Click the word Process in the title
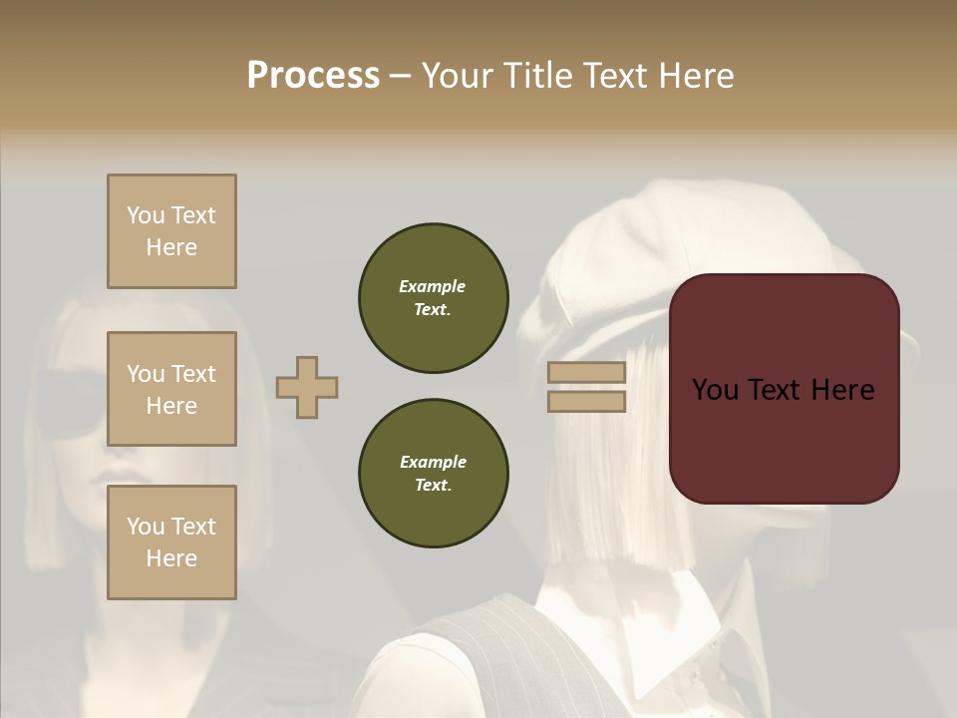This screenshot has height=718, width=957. [313, 76]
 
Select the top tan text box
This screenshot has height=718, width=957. [171, 231]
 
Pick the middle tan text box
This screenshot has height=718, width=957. [171, 389]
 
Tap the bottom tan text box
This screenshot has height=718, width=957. [171, 542]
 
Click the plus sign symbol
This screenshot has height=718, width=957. [307, 387]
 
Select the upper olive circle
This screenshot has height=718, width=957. [433, 298]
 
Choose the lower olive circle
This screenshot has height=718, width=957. [433, 474]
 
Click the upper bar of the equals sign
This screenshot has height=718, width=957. [587, 372]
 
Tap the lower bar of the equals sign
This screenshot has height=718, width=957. [587, 401]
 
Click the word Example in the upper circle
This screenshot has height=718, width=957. [432, 286]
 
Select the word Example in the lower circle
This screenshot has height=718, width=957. [433, 462]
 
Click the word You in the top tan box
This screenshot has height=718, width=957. [145, 215]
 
